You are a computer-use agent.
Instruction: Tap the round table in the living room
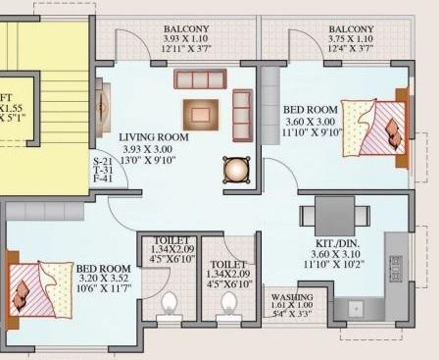click(236, 170)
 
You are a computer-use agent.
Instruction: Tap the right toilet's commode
click(227, 305)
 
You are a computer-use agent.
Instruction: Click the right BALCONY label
click(350, 29)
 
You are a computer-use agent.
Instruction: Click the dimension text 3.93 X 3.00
click(153, 150)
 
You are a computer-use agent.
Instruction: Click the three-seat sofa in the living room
click(200, 78)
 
